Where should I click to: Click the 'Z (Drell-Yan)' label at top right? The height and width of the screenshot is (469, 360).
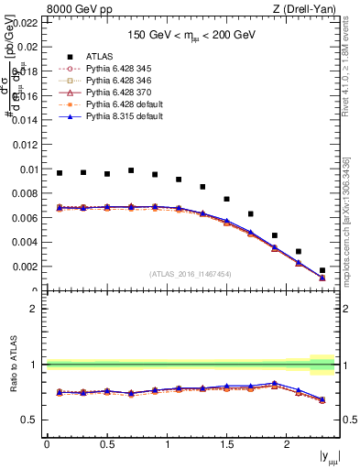[310, 9]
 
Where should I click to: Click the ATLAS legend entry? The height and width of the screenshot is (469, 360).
[100, 56]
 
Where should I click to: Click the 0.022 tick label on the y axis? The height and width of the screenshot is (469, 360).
[27, 23]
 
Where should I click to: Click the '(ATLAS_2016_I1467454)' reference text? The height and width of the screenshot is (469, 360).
[191, 274]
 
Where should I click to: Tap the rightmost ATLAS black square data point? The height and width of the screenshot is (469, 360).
[322, 270]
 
